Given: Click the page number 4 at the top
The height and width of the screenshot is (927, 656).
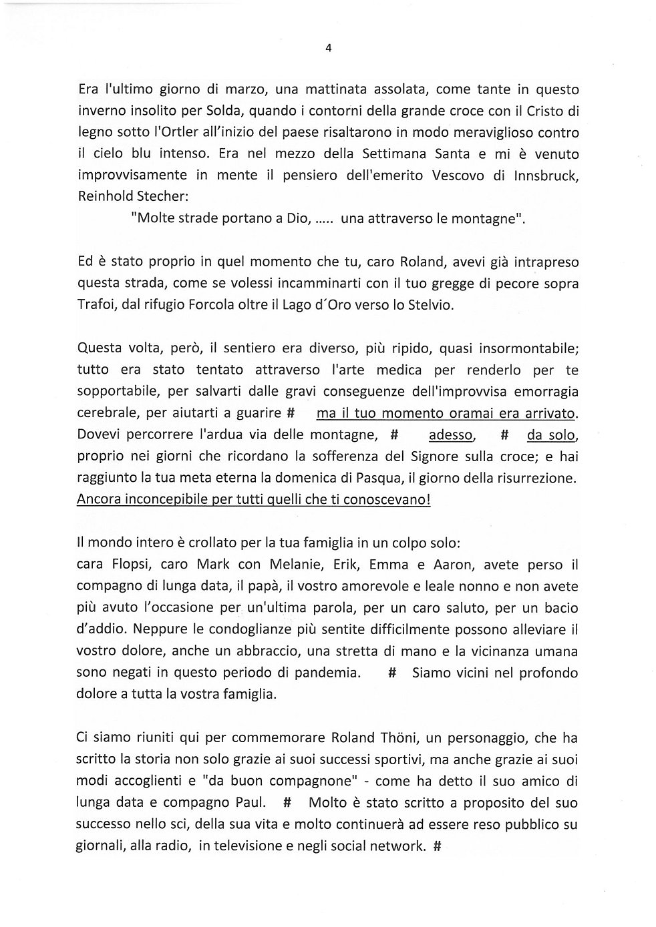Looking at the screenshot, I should point(328,47).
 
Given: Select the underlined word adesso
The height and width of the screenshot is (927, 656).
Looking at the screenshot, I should point(451,435).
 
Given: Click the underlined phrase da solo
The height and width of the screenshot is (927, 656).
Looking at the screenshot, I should point(550,435).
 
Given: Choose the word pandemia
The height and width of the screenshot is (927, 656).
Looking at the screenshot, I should point(326,673).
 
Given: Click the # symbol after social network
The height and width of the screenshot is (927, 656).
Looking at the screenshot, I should point(438,846).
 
